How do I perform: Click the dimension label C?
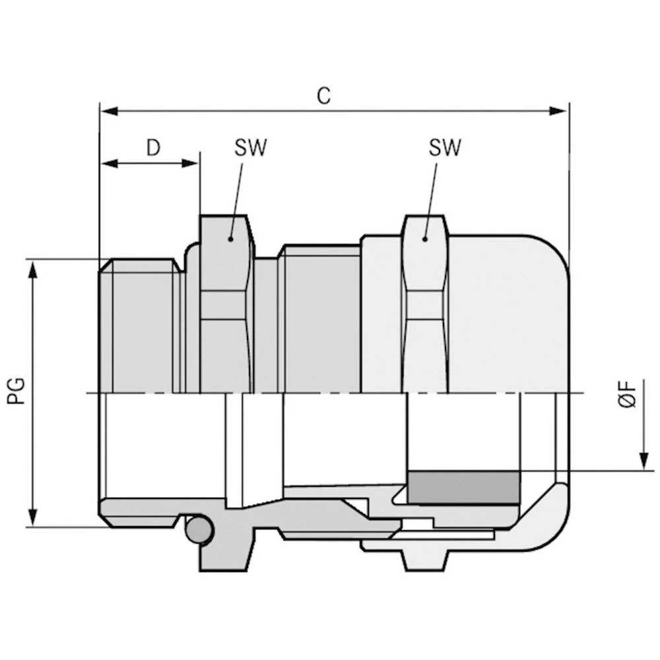[x=323, y=96]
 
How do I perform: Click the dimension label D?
[x=153, y=147]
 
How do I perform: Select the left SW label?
[x=250, y=148]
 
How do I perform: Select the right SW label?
[x=445, y=148]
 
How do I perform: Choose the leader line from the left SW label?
[x=238, y=198]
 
